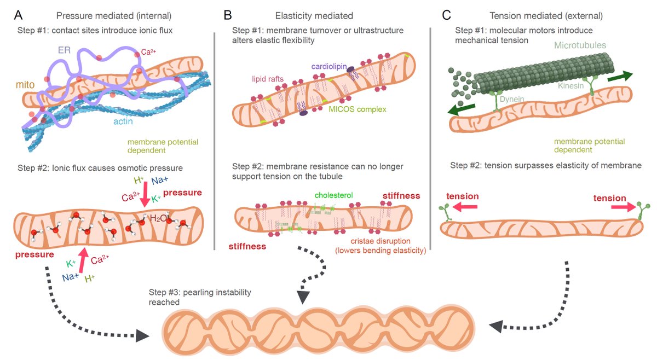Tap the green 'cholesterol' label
point(334,194)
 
